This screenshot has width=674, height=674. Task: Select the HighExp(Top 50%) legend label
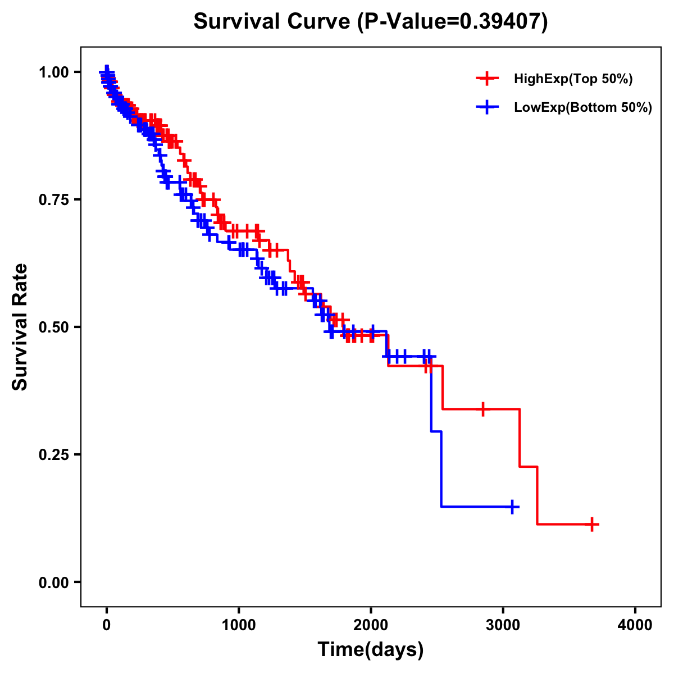click(x=573, y=79)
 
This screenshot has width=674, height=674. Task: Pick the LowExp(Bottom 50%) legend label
click(x=583, y=108)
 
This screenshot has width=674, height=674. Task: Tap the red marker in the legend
click(x=487, y=79)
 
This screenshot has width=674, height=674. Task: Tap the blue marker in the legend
click(x=487, y=107)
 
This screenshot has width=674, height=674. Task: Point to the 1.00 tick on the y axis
click(x=53, y=72)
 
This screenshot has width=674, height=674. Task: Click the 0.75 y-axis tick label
click(x=53, y=199)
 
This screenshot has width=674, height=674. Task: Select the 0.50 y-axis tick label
click(x=53, y=327)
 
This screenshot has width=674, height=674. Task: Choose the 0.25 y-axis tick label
click(x=53, y=454)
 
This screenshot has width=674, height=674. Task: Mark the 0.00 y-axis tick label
click(x=53, y=582)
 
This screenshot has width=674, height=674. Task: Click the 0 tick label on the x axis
click(x=107, y=625)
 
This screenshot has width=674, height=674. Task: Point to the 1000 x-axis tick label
click(x=239, y=625)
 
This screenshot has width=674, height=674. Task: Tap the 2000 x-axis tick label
click(x=371, y=625)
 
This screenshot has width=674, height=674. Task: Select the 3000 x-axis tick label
click(x=503, y=625)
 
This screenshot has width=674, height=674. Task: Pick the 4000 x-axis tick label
click(x=635, y=625)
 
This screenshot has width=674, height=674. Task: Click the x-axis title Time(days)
click(x=371, y=650)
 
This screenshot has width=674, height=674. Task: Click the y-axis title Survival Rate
click(x=20, y=327)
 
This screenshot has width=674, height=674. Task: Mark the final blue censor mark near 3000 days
click(x=512, y=507)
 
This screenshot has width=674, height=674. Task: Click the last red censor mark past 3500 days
click(x=592, y=524)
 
